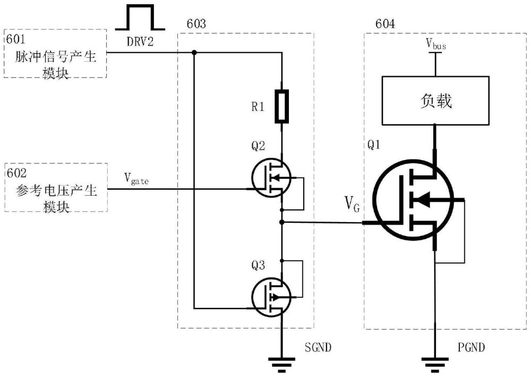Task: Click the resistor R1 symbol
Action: pyautogui.click(x=281, y=106)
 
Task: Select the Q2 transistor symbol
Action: pyautogui.click(x=271, y=178)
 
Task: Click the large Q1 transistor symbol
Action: pyautogui.click(x=413, y=200)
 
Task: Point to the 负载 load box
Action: pyautogui.click(x=435, y=101)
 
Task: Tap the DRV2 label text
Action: pyautogui.click(x=140, y=41)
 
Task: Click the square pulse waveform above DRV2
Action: pyautogui.click(x=140, y=17)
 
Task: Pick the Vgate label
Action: pyautogui.click(x=136, y=179)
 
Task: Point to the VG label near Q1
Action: pyautogui.click(x=352, y=204)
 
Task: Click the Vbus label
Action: pyautogui.click(x=435, y=44)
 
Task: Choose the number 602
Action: pyautogui.click(x=16, y=173)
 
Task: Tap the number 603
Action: pyautogui.click(x=196, y=24)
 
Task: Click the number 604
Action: pyautogui.click(x=385, y=24)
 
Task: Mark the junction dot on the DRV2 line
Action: pyautogui.click(x=194, y=52)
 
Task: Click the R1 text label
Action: pyautogui.click(x=258, y=107)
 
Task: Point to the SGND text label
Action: pyautogui.click(x=318, y=347)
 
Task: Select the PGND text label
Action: pyautogui.click(x=471, y=347)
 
